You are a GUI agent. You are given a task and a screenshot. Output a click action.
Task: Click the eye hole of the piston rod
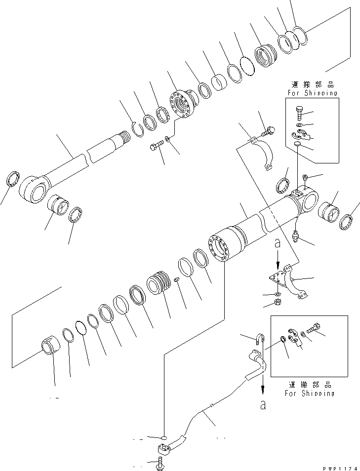point(33,189)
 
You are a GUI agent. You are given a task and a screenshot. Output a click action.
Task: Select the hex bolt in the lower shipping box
point(315,327)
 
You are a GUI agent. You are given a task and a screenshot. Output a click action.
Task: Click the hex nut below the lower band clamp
point(278,302)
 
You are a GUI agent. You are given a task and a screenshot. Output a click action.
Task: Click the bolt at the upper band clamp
point(269,131)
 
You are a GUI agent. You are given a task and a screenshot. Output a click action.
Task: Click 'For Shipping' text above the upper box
point(312,92)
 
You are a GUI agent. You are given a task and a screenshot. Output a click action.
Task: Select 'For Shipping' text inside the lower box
point(310,393)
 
